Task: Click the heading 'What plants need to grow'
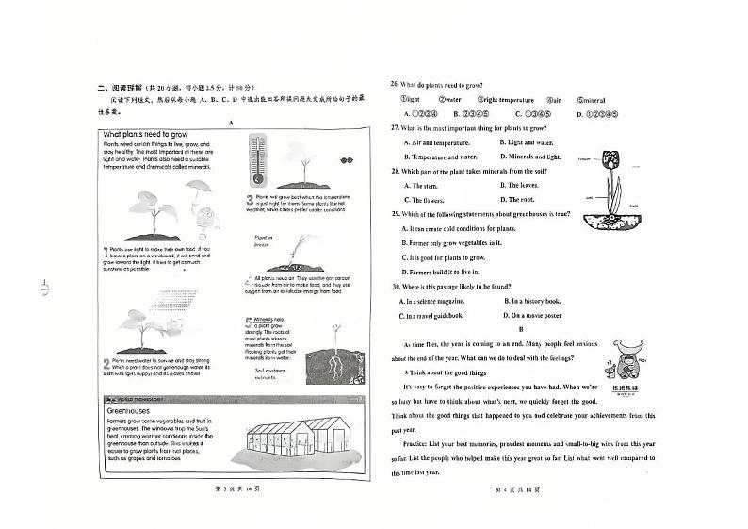click(x=150, y=135)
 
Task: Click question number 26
click(x=397, y=84)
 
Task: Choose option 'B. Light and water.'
click(x=532, y=141)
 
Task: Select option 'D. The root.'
click(x=516, y=200)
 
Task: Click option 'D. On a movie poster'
click(x=532, y=316)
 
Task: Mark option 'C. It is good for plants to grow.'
click(x=444, y=257)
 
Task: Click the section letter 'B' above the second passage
click(x=520, y=329)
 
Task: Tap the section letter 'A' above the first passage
click(x=229, y=123)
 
